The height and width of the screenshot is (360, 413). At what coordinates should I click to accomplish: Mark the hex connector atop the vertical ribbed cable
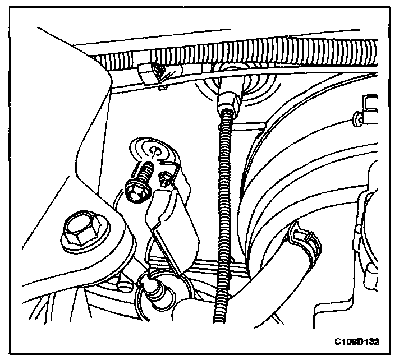click(228, 103)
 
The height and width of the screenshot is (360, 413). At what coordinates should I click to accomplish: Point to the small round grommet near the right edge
click(357, 118)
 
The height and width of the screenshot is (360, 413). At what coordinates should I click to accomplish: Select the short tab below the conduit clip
click(163, 86)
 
